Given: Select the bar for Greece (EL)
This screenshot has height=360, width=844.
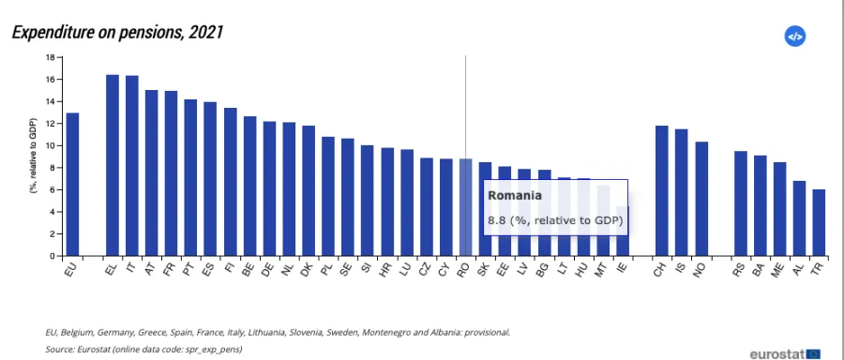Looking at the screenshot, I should [x=113, y=165].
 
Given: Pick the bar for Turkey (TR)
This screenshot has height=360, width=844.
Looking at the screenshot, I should [x=819, y=222].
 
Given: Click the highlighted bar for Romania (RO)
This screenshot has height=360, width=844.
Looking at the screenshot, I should [x=465, y=207].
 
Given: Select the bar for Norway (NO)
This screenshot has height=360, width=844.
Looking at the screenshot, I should [x=701, y=199].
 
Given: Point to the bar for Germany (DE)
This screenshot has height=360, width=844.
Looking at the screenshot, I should [x=269, y=188].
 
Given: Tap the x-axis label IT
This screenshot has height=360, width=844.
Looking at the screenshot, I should [x=130, y=267].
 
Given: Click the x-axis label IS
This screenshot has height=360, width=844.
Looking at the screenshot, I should [x=680, y=267].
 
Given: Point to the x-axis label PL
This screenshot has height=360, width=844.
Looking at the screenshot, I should [x=327, y=268].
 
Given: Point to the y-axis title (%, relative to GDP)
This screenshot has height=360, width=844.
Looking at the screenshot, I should [x=32, y=156].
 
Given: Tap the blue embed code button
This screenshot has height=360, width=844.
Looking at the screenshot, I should [x=794, y=37].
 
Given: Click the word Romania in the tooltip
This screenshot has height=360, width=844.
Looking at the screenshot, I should [x=515, y=196].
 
